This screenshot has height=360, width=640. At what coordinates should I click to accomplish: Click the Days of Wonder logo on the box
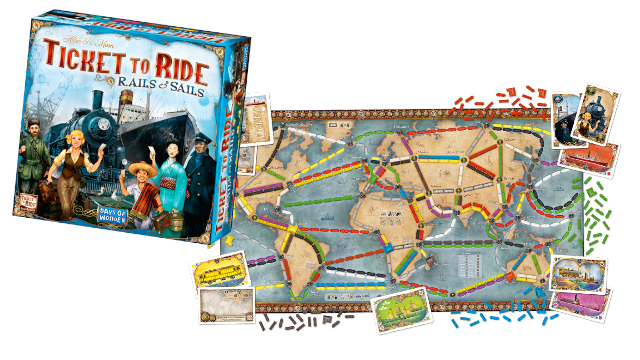[113, 215]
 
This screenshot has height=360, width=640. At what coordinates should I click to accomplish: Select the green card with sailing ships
[402, 310]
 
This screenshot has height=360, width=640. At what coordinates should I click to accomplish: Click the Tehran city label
[435, 186]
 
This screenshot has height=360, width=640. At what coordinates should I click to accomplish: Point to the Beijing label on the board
[509, 179]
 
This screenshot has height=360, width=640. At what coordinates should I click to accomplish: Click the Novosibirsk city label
[455, 152]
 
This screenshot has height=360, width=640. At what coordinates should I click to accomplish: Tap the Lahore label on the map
[468, 195]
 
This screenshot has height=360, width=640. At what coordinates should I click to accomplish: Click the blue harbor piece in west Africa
[388, 249]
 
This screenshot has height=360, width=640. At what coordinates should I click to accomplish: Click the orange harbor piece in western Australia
[510, 276]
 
